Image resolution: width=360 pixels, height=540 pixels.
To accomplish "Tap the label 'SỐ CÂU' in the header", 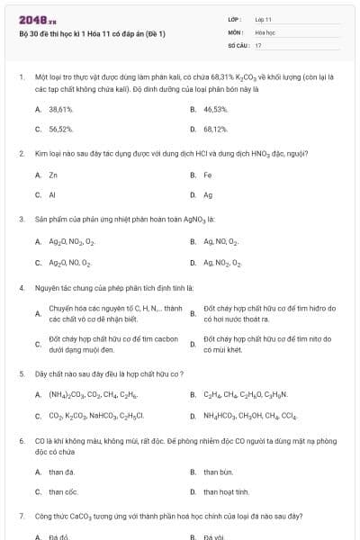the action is [x=237, y=44].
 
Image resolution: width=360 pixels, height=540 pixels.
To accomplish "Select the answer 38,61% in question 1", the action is [x=60, y=109].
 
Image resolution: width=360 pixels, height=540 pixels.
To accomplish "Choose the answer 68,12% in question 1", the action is [x=215, y=129].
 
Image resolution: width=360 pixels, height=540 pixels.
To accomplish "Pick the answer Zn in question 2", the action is [x=53, y=175].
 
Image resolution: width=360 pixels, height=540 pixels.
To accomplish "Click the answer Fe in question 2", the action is [x=208, y=175].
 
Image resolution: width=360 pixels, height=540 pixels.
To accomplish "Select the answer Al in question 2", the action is [x=52, y=194].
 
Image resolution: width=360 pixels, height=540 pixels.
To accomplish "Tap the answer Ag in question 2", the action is [x=208, y=194].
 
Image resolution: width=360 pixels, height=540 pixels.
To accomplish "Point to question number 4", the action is [x=22, y=287].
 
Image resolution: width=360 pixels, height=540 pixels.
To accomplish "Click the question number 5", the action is [x=22, y=373].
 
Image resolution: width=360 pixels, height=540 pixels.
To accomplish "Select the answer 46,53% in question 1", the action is [x=215, y=109].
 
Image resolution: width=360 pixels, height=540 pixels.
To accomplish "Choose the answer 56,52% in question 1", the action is [x=60, y=129].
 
